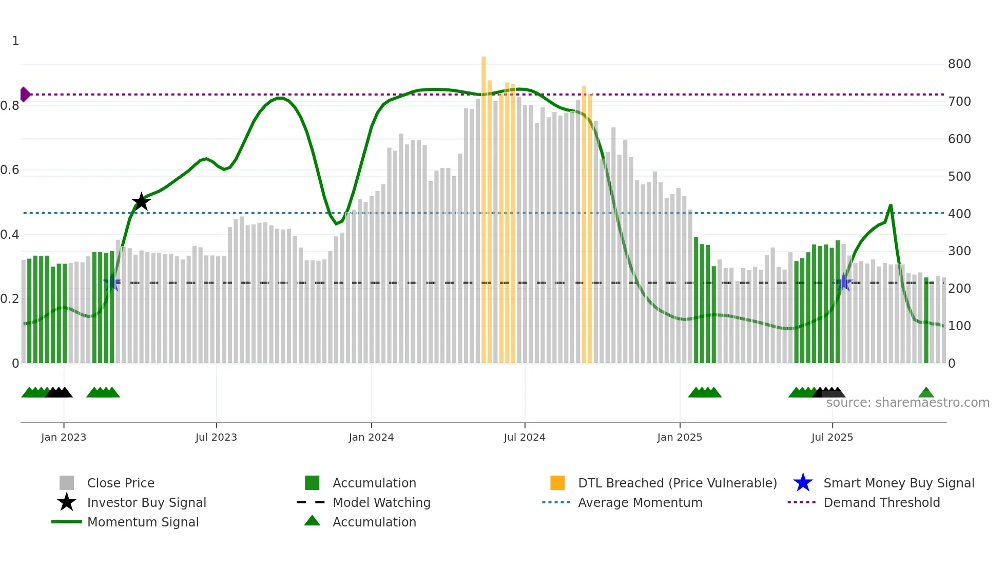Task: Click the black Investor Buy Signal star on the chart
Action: [141, 202]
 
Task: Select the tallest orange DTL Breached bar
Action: [483, 205]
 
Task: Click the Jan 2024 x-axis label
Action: [371, 437]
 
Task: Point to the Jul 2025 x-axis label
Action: [832, 437]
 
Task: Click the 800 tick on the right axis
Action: [959, 64]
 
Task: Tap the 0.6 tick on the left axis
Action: [10, 170]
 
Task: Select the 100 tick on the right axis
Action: [959, 326]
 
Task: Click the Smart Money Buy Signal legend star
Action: [803, 483]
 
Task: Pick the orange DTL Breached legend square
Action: [557, 483]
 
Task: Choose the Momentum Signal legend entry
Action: [143, 522]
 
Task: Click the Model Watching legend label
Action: [381, 502]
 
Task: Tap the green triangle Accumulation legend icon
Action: [312, 521]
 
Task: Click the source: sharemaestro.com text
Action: [907, 403]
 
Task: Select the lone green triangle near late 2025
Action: [926, 393]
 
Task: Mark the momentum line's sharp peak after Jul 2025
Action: [891, 205]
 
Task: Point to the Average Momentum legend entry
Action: [640, 502]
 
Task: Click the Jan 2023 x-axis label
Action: [64, 437]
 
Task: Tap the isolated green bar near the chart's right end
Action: [926, 321]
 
